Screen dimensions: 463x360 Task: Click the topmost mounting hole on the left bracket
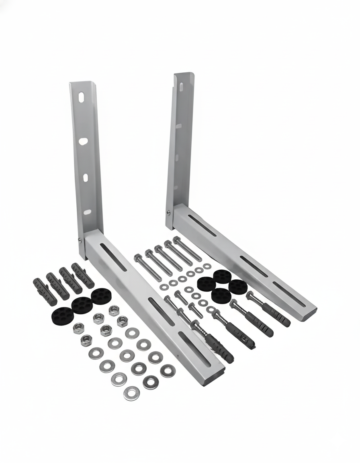(x=81, y=98)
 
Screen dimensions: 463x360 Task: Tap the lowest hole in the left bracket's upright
(x=87, y=212)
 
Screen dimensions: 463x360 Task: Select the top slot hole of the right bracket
(x=181, y=86)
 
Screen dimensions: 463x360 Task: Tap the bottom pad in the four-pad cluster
(x=221, y=296)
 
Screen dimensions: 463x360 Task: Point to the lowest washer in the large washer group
(x=131, y=392)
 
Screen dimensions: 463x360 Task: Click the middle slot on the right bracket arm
(x=254, y=266)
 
